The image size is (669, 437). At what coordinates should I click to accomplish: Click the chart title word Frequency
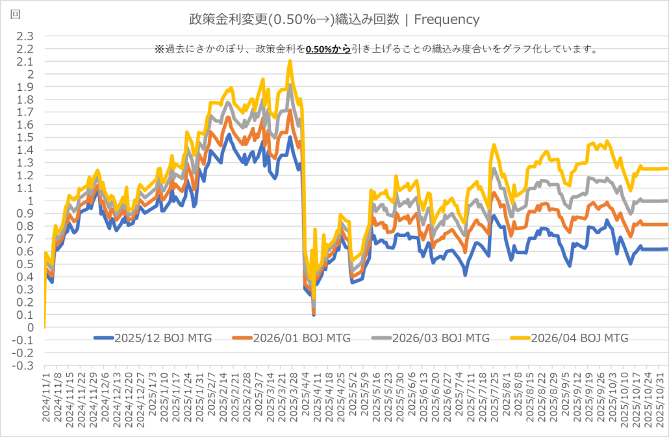(446, 19)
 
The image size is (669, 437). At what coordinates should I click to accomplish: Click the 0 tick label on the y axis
(30, 328)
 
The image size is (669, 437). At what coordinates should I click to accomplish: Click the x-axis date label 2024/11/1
(45, 399)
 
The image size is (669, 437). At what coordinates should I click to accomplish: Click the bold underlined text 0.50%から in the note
(328, 49)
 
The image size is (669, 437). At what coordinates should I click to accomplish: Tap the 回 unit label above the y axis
(15, 14)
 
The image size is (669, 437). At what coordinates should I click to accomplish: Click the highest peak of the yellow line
(290, 61)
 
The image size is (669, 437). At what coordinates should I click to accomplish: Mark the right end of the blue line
(666, 249)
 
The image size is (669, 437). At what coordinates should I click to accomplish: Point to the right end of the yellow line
(666, 168)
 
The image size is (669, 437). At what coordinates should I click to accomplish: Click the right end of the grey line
(666, 201)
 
